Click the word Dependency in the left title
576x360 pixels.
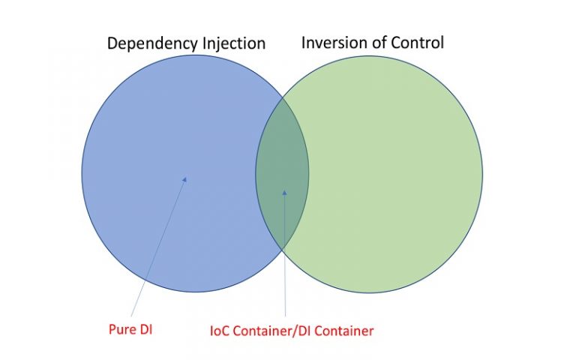point(150,43)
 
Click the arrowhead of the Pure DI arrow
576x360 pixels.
point(184,178)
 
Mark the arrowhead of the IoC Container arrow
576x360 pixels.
point(284,192)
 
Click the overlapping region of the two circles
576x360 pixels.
point(282,172)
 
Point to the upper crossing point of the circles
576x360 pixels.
point(283,96)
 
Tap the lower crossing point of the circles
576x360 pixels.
point(283,249)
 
